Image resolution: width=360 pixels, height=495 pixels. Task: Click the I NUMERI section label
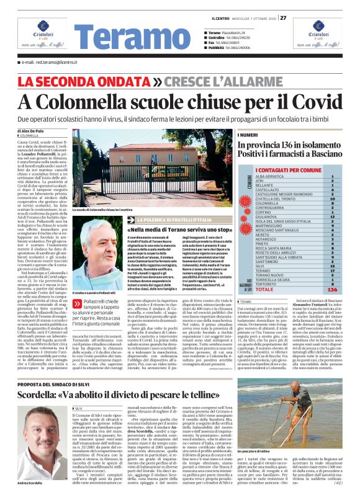click(x=248, y=135)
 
